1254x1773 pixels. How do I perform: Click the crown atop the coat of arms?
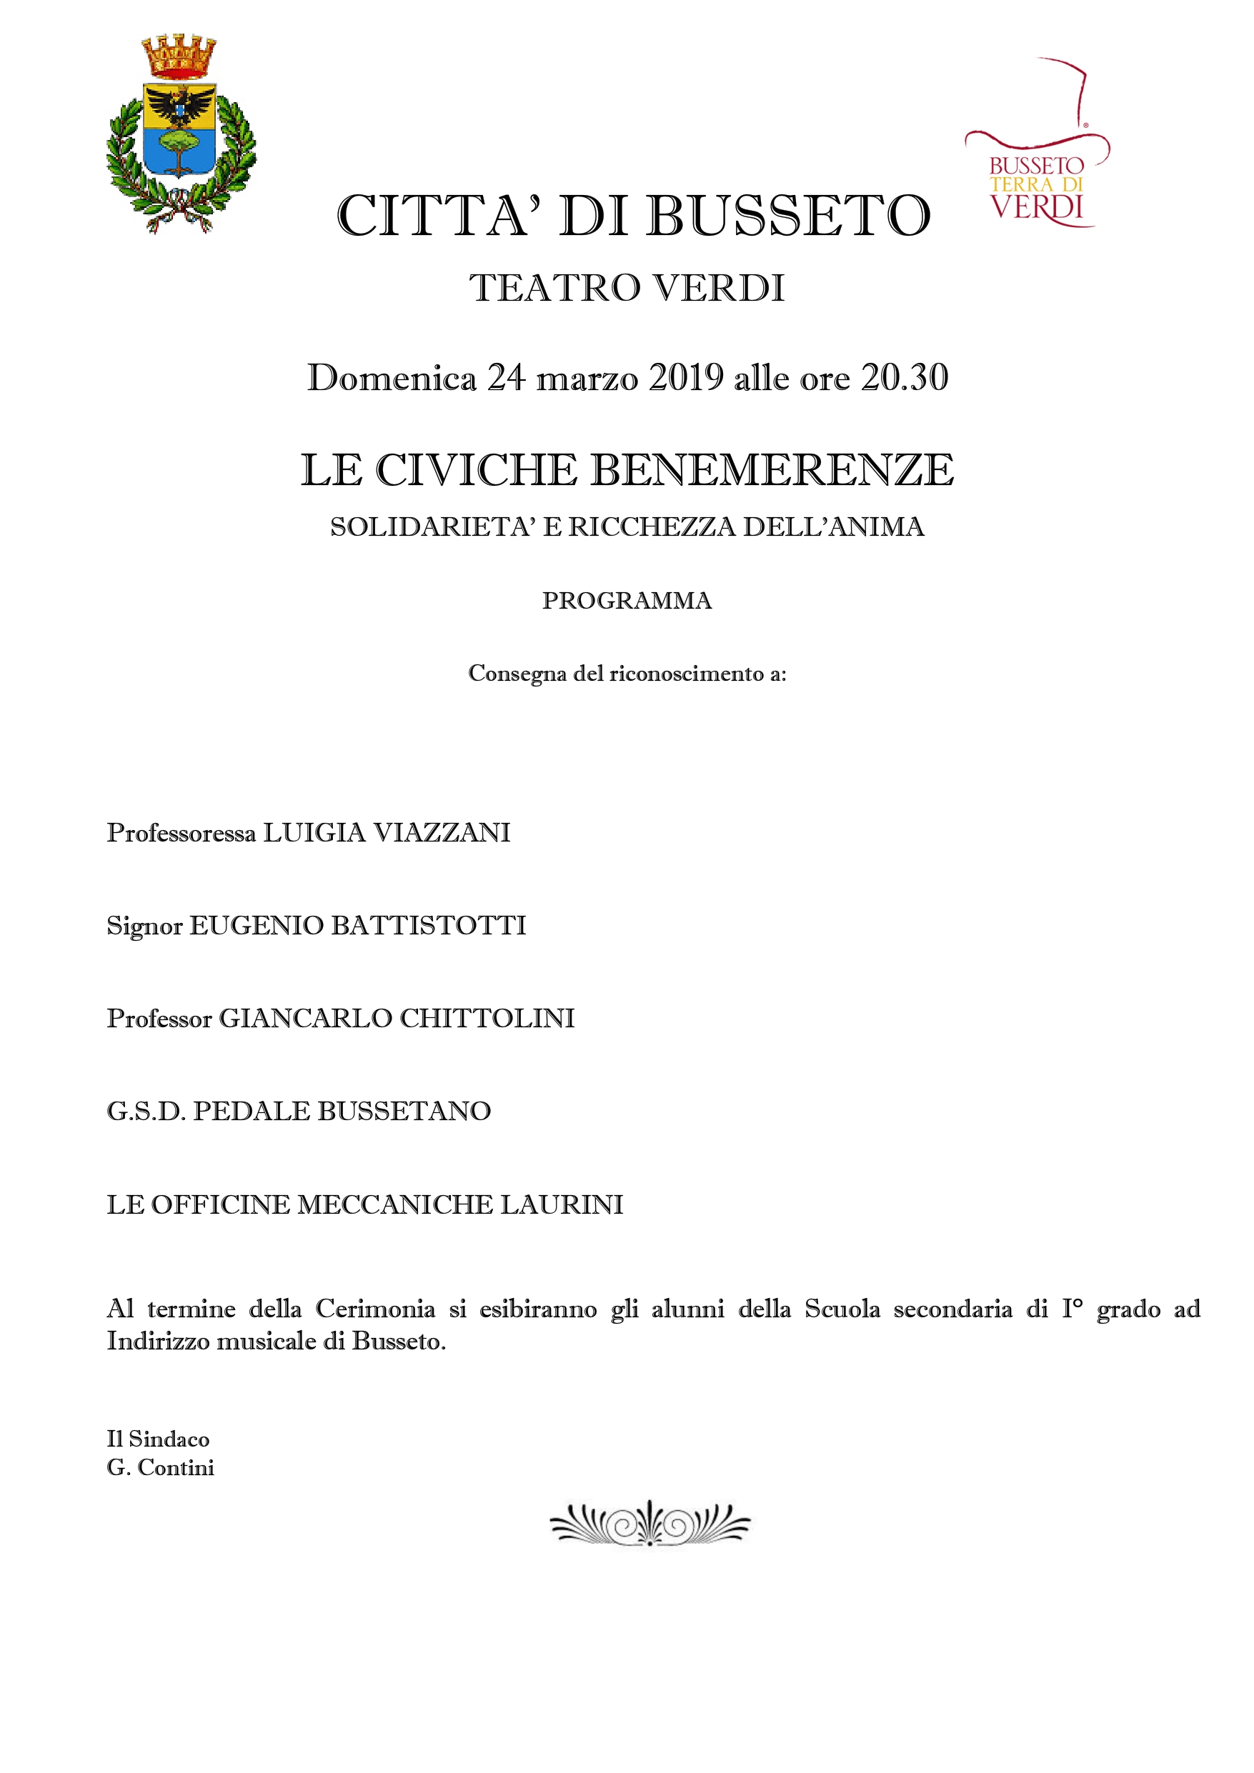[179, 57]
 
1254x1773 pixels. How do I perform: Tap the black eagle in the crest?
[180, 105]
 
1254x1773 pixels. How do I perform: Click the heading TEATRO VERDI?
[627, 288]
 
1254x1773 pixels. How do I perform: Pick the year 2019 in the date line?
[686, 378]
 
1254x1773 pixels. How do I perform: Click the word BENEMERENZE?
[772, 470]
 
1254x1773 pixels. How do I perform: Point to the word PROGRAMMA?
[627, 600]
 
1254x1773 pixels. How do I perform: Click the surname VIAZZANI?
[441, 832]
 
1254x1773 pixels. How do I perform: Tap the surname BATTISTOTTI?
[428, 925]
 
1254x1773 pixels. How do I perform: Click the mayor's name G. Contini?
[161, 1468]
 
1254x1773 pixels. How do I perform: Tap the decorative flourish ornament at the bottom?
[650, 1523]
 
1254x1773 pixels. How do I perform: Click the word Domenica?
[392, 378]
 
